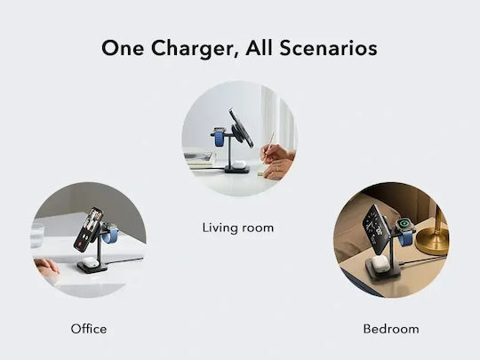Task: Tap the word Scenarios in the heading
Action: pos(328,48)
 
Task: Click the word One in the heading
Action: pos(123,48)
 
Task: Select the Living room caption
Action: pos(238,228)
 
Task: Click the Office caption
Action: pos(89,329)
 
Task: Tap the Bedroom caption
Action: pos(391,329)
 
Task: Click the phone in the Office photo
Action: pos(88,229)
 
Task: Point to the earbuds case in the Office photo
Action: pos(91,262)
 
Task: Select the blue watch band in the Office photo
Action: pos(109,235)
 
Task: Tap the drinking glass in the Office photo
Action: pos(37,236)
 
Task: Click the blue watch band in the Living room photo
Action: pos(220,139)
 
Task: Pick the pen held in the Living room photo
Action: pos(268,145)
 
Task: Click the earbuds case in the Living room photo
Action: pos(239,165)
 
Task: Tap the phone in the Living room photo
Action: pos(241,128)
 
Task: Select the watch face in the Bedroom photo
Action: pos(404,223)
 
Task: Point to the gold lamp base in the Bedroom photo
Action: pos(433,241)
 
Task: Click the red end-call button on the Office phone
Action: pos(81,244)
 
